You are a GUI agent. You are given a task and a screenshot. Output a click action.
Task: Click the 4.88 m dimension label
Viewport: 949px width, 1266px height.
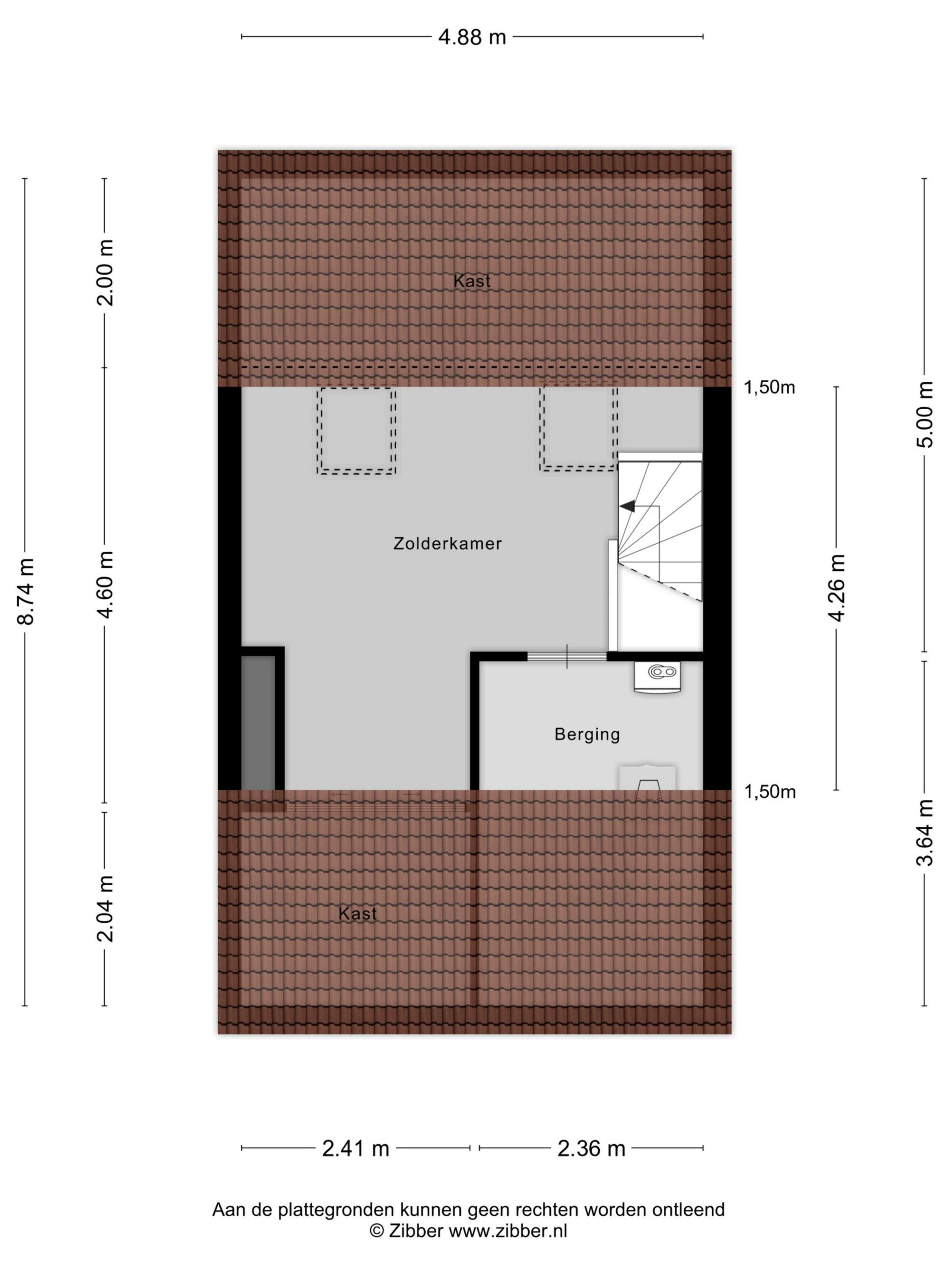[472, 37]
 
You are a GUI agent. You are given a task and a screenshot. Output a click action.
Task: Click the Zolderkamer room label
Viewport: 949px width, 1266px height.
[447, 543]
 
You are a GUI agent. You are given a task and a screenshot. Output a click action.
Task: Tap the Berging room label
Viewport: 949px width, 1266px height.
[587, 735]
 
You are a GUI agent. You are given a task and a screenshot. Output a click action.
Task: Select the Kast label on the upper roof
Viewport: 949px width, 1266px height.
[472, 281]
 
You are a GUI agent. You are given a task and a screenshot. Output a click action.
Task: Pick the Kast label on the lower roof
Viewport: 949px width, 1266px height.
[357, 913]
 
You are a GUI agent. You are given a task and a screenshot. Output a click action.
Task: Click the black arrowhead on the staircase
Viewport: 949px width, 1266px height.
[627, 506]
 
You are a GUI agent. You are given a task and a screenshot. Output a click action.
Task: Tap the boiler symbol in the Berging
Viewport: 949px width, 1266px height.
[657, 678]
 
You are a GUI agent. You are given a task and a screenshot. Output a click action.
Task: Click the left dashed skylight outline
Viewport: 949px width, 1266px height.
[356, 431]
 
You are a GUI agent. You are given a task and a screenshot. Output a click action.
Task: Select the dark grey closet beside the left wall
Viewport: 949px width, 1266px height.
[258, 723]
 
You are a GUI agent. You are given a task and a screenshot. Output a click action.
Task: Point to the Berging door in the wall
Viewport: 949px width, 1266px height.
[566, 656]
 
